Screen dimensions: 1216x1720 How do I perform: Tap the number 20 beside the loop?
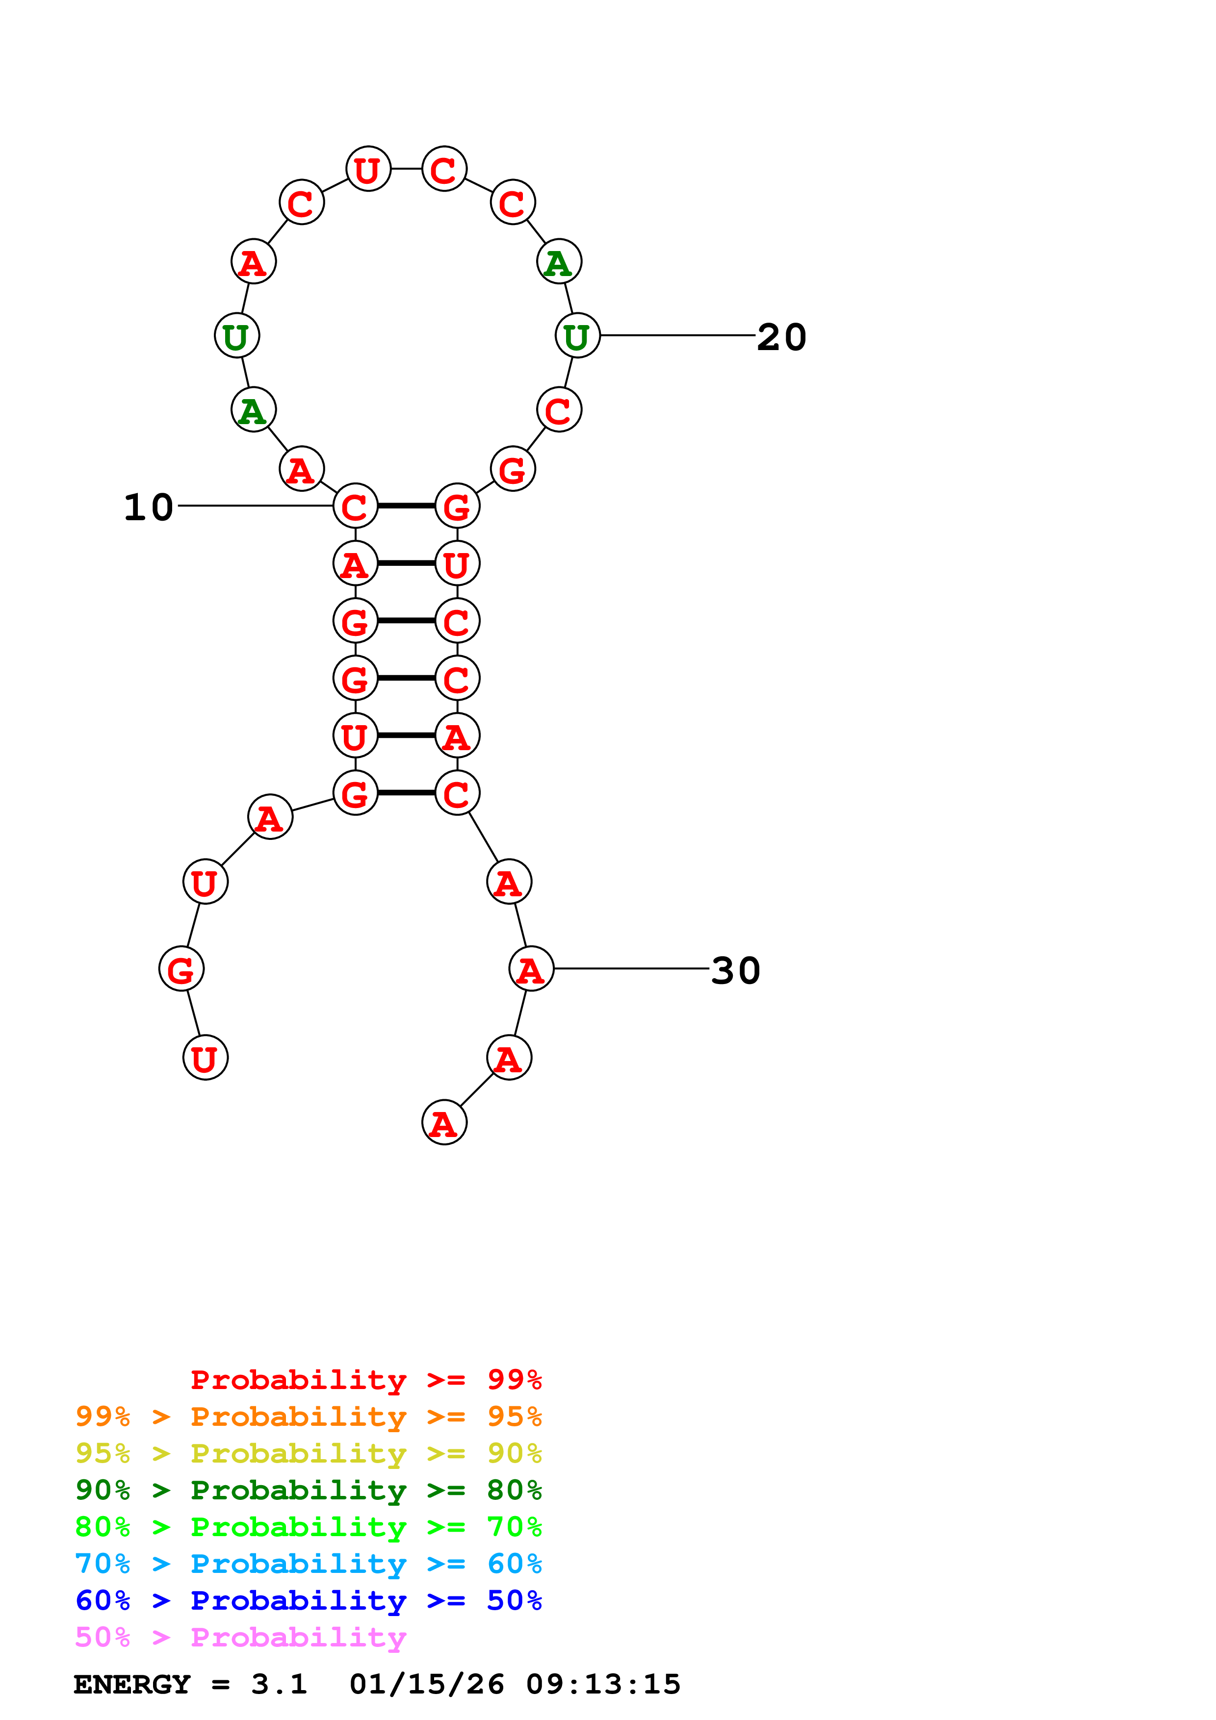(x=781, y=337)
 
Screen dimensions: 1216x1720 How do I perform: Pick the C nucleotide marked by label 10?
(x=355, y=506)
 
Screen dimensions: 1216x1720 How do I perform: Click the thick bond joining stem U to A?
(x=406, y=735)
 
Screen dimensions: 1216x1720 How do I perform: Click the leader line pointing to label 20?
(x=678, y=335)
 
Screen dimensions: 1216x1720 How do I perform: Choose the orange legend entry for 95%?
(x=308, y=1416)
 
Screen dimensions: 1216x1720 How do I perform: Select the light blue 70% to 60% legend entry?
(x=308, y=1564)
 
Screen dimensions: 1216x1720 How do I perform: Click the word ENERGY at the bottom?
(x=132, y=1684)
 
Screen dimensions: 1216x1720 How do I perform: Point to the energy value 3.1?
(x=279, y=1684)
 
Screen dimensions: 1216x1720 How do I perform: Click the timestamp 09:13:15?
(x=603, y=1684)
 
